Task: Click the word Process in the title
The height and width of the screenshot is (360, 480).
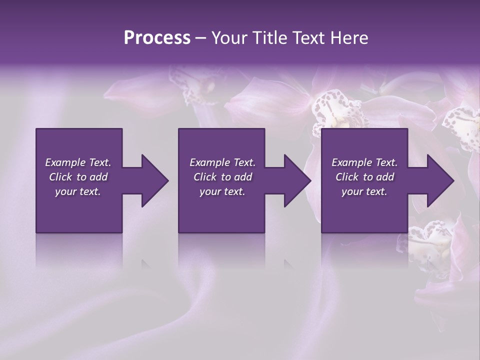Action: (x=157, y=37)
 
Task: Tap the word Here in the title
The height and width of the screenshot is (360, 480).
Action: (x=349, y=37)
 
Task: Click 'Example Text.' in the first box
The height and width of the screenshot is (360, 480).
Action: (x=78, y=162)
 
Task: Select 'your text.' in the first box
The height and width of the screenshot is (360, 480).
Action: (x=78, y=191)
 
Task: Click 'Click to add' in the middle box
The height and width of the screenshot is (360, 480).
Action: (x=222, y=177)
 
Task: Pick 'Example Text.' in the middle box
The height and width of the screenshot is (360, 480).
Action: (x=222, y=162)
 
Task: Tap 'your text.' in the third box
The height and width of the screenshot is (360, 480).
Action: (x=364, y=191)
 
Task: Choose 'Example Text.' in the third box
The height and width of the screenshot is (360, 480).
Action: (x=364, y=162)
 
